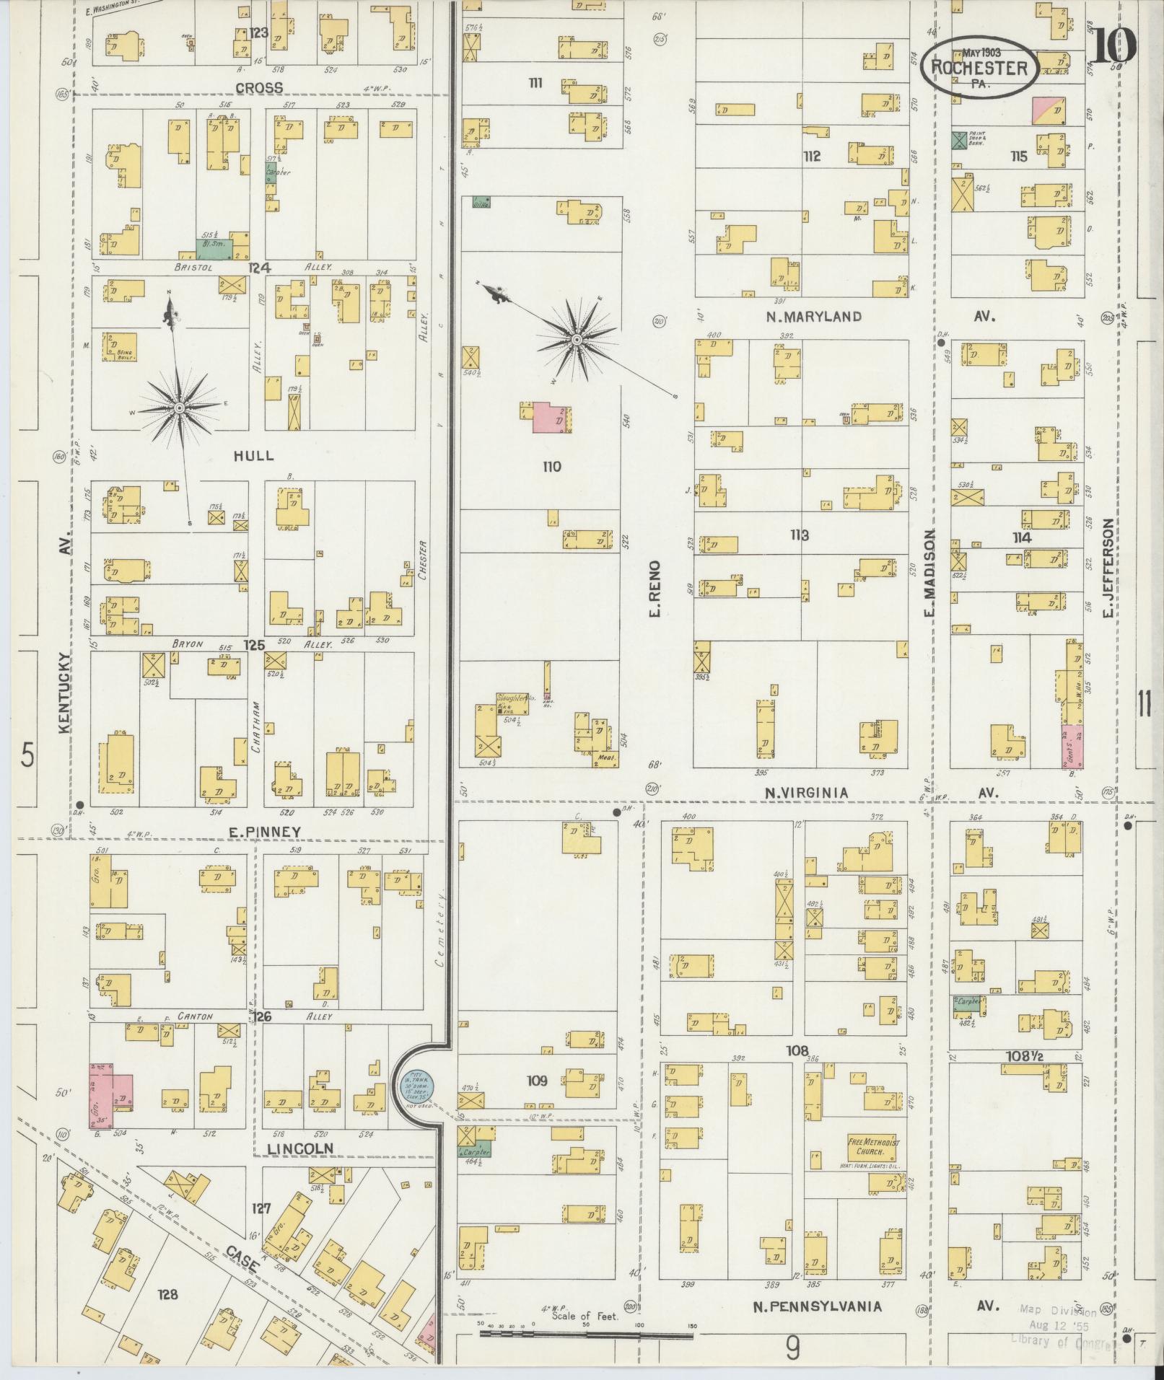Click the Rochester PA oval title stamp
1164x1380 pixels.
click(979, 67)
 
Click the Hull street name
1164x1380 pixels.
click(253, 455)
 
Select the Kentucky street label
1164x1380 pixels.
click(65, 693)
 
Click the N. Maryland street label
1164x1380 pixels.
click(813, 316)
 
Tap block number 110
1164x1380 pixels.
click(551, 467)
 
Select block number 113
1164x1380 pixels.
click(799, 535)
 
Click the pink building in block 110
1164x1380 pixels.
click(548, 418)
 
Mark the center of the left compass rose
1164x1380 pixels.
click(178, 408)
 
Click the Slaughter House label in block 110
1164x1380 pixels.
click(514, 698)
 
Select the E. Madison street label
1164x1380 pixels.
click(929, 573)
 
